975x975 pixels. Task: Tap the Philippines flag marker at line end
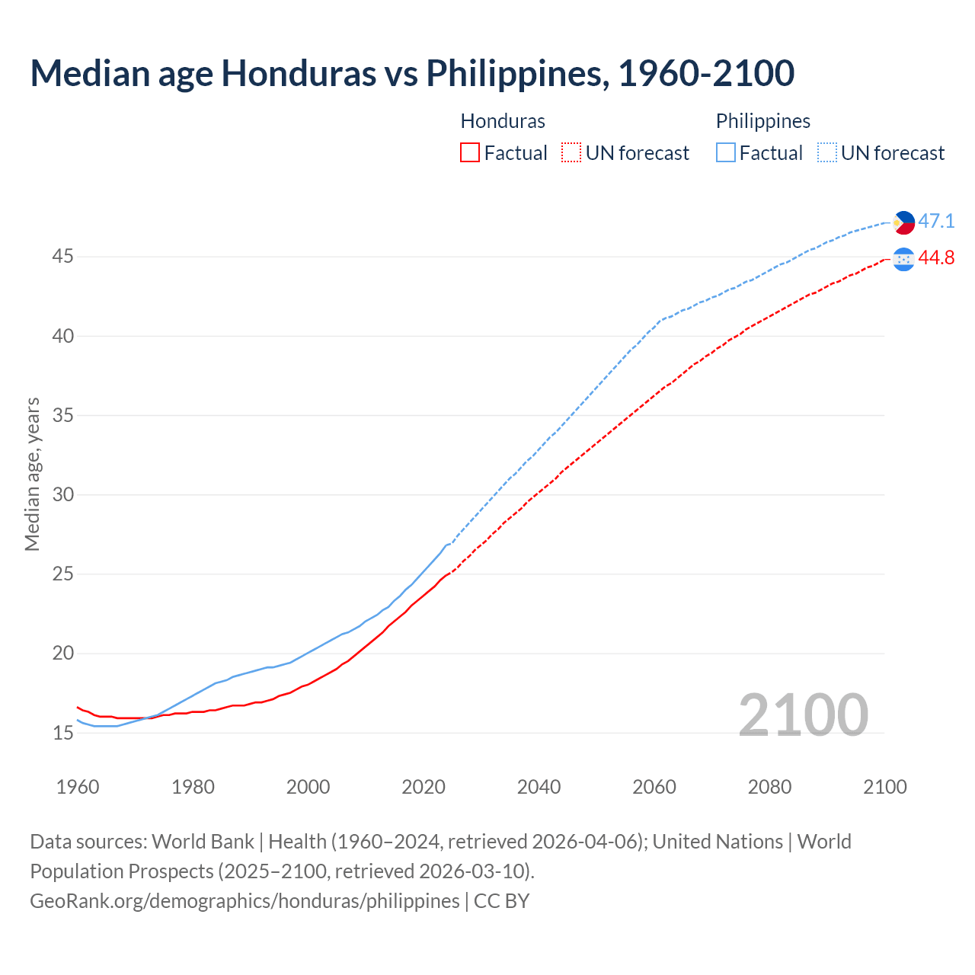click(x=903, y=222)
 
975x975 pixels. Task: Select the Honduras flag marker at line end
click(x=903, y=259)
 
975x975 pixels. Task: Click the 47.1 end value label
click(x=936, y=222)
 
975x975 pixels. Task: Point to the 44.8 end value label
click(x=936, y=258)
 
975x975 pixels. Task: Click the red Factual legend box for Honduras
click(x=470, y=153)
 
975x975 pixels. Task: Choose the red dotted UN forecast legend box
click(x=571, y=153)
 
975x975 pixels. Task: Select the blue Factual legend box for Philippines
click(x=726, y=153)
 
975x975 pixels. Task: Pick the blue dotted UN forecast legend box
click(x=827, y=153)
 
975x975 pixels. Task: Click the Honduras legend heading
click(x=503, y=121)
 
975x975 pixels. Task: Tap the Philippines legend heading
click(x=762, y=121)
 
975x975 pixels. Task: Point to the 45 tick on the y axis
click(x=62, y=257)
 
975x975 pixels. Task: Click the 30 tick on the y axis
click(x=62, y=495)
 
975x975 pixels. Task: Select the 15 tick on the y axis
click(x=62, y=734)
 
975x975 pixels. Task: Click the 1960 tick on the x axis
click(x=78, y=787)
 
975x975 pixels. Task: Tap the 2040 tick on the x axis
click(x=539, y=787)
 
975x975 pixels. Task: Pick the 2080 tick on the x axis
click(x=769, y=787)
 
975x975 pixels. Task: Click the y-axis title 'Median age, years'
click(x=32, y=474)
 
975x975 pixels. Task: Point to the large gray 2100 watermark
click(x=804, y=714)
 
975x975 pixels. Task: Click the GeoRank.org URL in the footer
click(x=245, y=901)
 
